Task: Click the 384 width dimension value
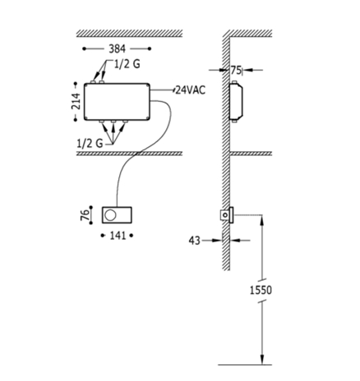pos(117,49)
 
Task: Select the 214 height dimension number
pos(76,101)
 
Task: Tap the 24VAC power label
pos(191,90)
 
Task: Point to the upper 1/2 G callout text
pos(127,64)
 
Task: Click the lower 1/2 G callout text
pos(90,143)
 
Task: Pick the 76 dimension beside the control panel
pos(85,215)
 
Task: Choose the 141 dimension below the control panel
pos(118,236)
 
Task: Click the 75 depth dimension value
pos(236,71)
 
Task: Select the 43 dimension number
pos(195,241)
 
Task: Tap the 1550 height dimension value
pos(261,290)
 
